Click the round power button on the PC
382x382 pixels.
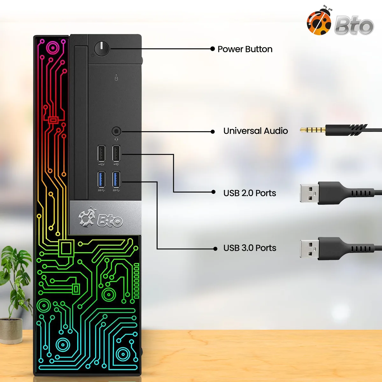point(101,49)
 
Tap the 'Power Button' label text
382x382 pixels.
point(245,49)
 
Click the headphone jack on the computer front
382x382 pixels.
point(117,131)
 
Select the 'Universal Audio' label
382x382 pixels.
point(256,131)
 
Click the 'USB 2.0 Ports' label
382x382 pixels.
point(250,193)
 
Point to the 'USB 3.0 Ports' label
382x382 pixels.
point(250,248)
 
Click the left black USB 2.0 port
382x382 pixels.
point(101,153)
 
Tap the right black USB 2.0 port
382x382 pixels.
point(116,153)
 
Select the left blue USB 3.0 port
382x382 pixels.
point(101,180)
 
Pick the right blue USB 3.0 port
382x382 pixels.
point(116,180)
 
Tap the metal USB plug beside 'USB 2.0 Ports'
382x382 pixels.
point(309,193)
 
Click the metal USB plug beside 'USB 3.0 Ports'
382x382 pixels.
point(309,249)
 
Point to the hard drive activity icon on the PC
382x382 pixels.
point(117,78)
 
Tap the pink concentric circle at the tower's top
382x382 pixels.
point(53,48)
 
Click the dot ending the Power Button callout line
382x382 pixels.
point(213,49)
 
